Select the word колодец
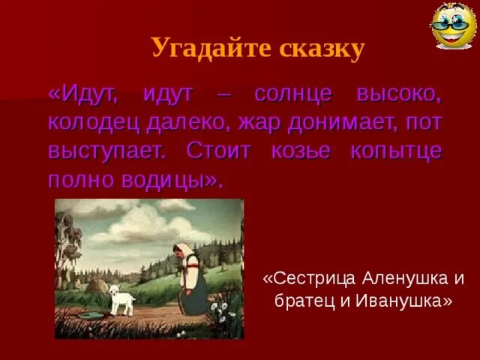coord(88,121)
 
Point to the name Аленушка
coord(405,278)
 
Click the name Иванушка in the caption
coord(406,301)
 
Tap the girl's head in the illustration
coord(181,253)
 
